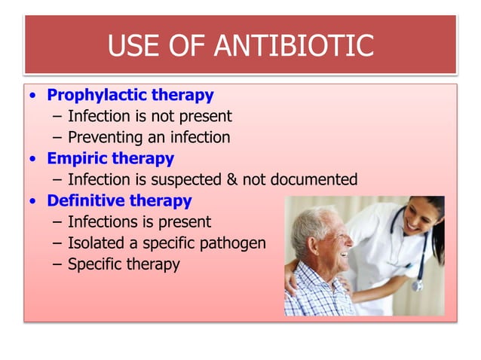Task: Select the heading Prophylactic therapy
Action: [x=130, y=96]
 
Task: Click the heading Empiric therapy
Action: [x=110, y=159]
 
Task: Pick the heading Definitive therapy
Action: [x=119, y=201]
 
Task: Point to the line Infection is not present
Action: [x=149, y=117]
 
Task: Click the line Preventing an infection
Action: [x=149, y=138]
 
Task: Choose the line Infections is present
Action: [x=139, y=222]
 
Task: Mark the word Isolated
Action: [x=97, y=243]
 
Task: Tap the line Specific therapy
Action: [x=124, y=264]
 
